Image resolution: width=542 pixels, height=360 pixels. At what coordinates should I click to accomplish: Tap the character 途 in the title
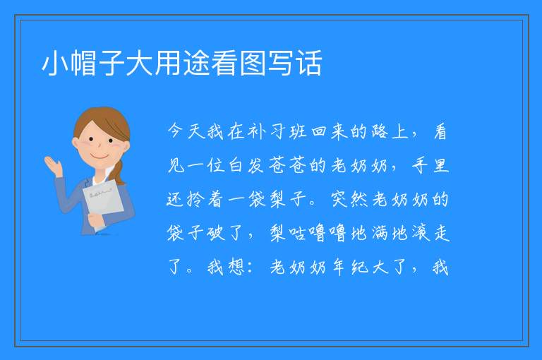(196, 63)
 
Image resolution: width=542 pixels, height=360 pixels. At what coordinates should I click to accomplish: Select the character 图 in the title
(253, 63)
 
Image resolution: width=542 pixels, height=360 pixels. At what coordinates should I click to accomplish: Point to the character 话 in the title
(309, 63)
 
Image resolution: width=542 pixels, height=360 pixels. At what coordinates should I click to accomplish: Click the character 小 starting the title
(55, 63)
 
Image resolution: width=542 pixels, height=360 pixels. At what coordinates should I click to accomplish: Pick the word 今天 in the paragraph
(186, 131)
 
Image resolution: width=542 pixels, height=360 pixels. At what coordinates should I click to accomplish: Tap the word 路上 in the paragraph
(390, 131)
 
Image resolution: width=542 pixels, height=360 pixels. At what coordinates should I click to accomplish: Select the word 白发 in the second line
(246, 165)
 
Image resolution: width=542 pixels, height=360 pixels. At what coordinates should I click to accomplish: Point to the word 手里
(430, 165)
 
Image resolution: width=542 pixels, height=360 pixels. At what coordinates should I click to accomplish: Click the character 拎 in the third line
(195, 199)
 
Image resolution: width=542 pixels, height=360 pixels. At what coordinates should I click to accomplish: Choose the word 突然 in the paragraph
(349, 199)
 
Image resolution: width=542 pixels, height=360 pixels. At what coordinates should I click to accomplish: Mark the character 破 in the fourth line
(216, 233)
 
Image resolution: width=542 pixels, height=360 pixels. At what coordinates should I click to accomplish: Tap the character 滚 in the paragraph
(421, 233)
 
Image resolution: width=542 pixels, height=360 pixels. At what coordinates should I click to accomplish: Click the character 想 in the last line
(236, 267)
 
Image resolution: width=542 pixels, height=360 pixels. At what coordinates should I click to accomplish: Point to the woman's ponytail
(119, 172)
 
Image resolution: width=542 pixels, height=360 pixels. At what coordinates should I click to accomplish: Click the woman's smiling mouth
(100, 157)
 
